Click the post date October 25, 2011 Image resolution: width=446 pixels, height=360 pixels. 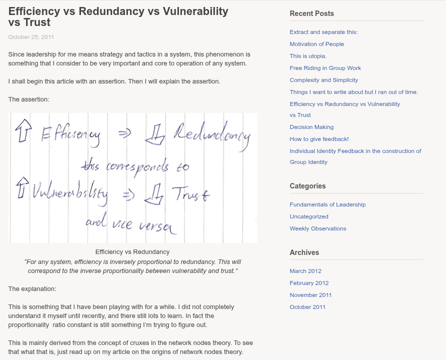click(31, 37)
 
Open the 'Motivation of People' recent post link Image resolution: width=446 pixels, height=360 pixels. click(316, 44)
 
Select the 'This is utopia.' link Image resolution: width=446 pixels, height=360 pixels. click(308, 56)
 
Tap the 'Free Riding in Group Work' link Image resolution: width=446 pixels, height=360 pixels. click(325, 68)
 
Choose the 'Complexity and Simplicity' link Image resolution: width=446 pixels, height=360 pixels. click(323, 80)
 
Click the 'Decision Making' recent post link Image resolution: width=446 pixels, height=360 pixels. click(311, 127)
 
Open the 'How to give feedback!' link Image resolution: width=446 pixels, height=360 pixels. click(319, 139)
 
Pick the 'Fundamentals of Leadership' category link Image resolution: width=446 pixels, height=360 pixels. click(327, 204)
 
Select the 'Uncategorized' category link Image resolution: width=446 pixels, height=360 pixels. click(309, 216)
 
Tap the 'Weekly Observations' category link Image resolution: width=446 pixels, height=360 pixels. click(317, 228)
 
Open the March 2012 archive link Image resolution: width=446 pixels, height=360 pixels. click(305, 271)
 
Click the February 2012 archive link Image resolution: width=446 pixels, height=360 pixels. click(309, 283)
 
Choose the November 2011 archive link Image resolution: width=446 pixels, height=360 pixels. click(310, 295)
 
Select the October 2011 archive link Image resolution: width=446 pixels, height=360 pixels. click(307, 307)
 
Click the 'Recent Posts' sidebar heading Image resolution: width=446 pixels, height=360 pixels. click(311, 13)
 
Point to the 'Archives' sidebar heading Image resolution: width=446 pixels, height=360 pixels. click(304, 252)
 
